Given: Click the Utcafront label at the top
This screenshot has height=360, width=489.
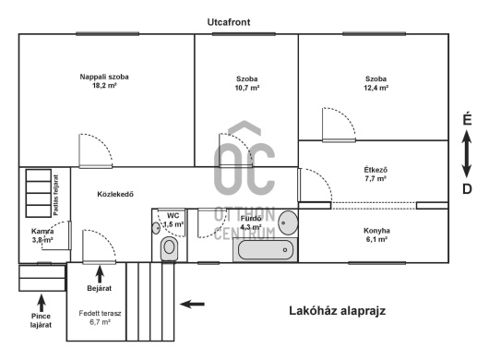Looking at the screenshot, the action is [229, 22].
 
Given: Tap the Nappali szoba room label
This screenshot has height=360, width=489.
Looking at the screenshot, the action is [104, 77].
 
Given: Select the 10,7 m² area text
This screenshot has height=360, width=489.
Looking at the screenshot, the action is [247, 88].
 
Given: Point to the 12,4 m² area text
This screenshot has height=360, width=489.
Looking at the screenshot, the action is [376, 88].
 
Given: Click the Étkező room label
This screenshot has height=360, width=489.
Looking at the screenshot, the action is [376, 170].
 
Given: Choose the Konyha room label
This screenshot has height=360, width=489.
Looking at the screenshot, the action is [376, 231].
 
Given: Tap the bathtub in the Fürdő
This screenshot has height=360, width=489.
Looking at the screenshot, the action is [266, 250].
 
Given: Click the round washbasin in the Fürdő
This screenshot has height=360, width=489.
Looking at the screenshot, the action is [288, 222].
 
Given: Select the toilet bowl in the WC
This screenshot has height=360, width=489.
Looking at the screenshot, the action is [169, 248].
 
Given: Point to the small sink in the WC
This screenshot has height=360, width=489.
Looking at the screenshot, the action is [156, 228].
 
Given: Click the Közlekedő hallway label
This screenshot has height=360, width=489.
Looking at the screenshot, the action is [115, 195].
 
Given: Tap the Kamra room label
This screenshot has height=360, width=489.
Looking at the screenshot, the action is [42, 232].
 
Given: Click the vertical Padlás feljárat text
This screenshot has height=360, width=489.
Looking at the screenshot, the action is [56, 195].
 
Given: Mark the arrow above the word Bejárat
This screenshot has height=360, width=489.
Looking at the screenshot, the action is [100, 274].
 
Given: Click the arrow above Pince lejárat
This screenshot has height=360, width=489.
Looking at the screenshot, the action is [42, 303].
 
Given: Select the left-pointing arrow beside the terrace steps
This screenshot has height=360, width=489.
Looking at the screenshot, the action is [192, 304].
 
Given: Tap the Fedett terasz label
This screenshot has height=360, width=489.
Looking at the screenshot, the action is [100, 314].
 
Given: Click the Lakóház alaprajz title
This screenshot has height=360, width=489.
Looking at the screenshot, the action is [338, 311].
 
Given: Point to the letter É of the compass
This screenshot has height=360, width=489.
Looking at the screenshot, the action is [467, 119].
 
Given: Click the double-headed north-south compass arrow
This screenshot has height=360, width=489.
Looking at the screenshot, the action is [467, 154].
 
